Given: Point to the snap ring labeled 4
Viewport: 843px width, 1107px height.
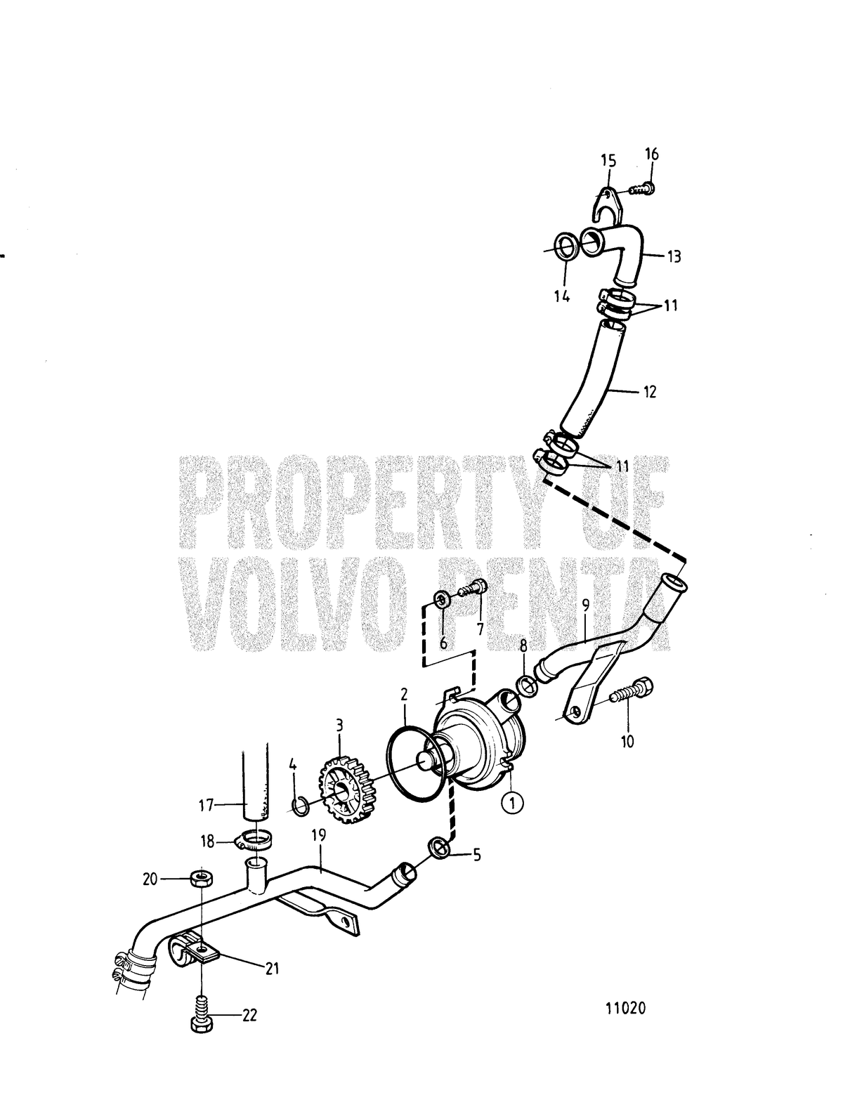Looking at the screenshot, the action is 301,807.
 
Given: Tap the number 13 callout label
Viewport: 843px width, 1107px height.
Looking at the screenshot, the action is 674,256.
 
